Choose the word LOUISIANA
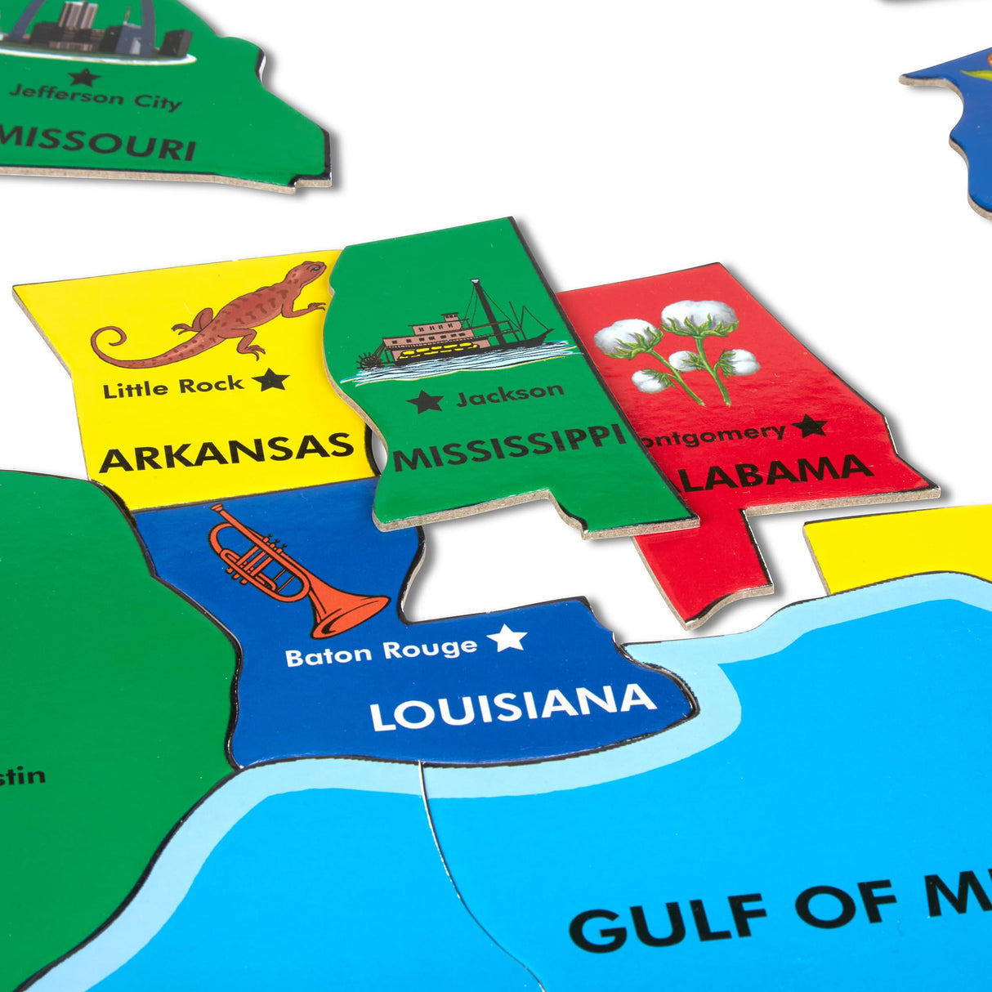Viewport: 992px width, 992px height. (512, 708)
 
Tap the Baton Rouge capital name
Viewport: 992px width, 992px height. (381, 651)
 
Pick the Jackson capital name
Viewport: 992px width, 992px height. (509, 395)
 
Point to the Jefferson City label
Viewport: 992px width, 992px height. (95, 96)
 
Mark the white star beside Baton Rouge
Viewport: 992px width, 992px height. (507, 638)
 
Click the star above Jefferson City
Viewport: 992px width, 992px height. (83, 77)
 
